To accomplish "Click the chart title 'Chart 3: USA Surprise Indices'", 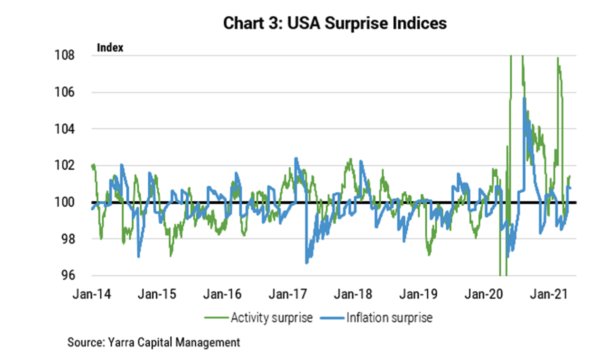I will pyautogui.click(x=335, y=23).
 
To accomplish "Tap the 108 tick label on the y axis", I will pyautogui.click(x=66, y=55).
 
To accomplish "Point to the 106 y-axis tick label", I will pyautogui.click(x=66, y=92).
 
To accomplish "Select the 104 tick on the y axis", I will pyautogui.click(x=66, y=129).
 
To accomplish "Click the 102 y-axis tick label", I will pyautogui.click(x=66, y=166).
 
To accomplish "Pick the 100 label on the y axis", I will pyautogui.click(x=66, y=202).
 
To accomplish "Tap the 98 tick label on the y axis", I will pyautogui.click(x=68, y=239).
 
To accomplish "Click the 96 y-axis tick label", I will pyautogui.click(x=68, y=276).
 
